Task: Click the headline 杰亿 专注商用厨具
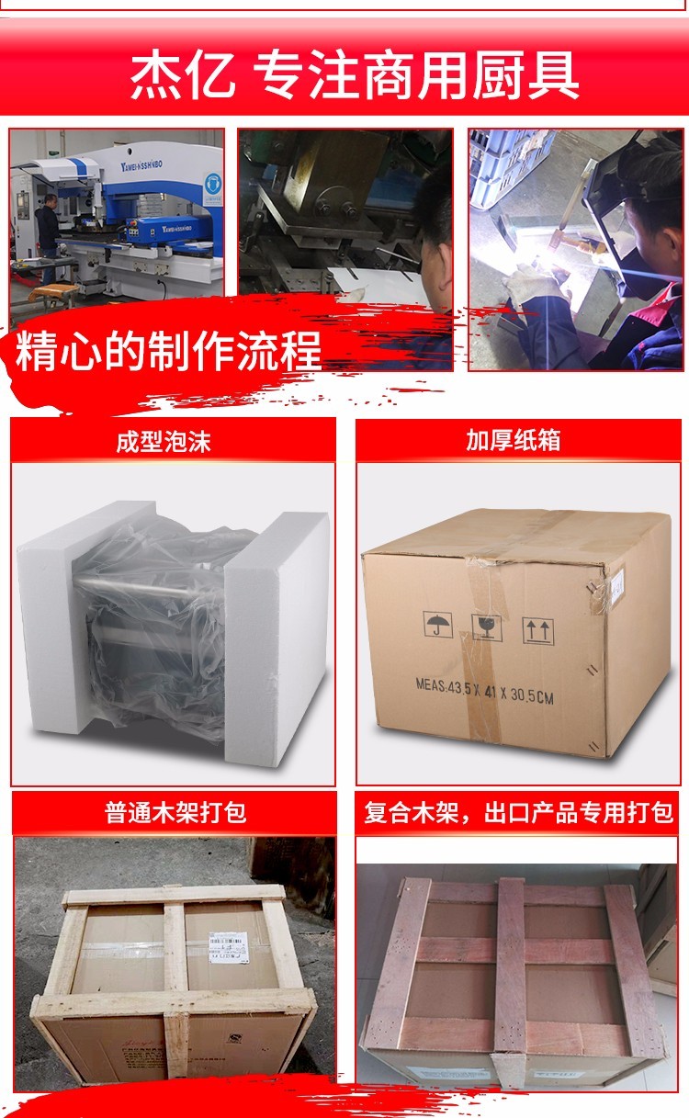click(x=354, y=75)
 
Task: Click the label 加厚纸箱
click(x=513, y=442)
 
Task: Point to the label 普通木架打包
click(x=175, y=813)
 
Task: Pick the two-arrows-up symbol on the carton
click(x=537, y=630)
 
